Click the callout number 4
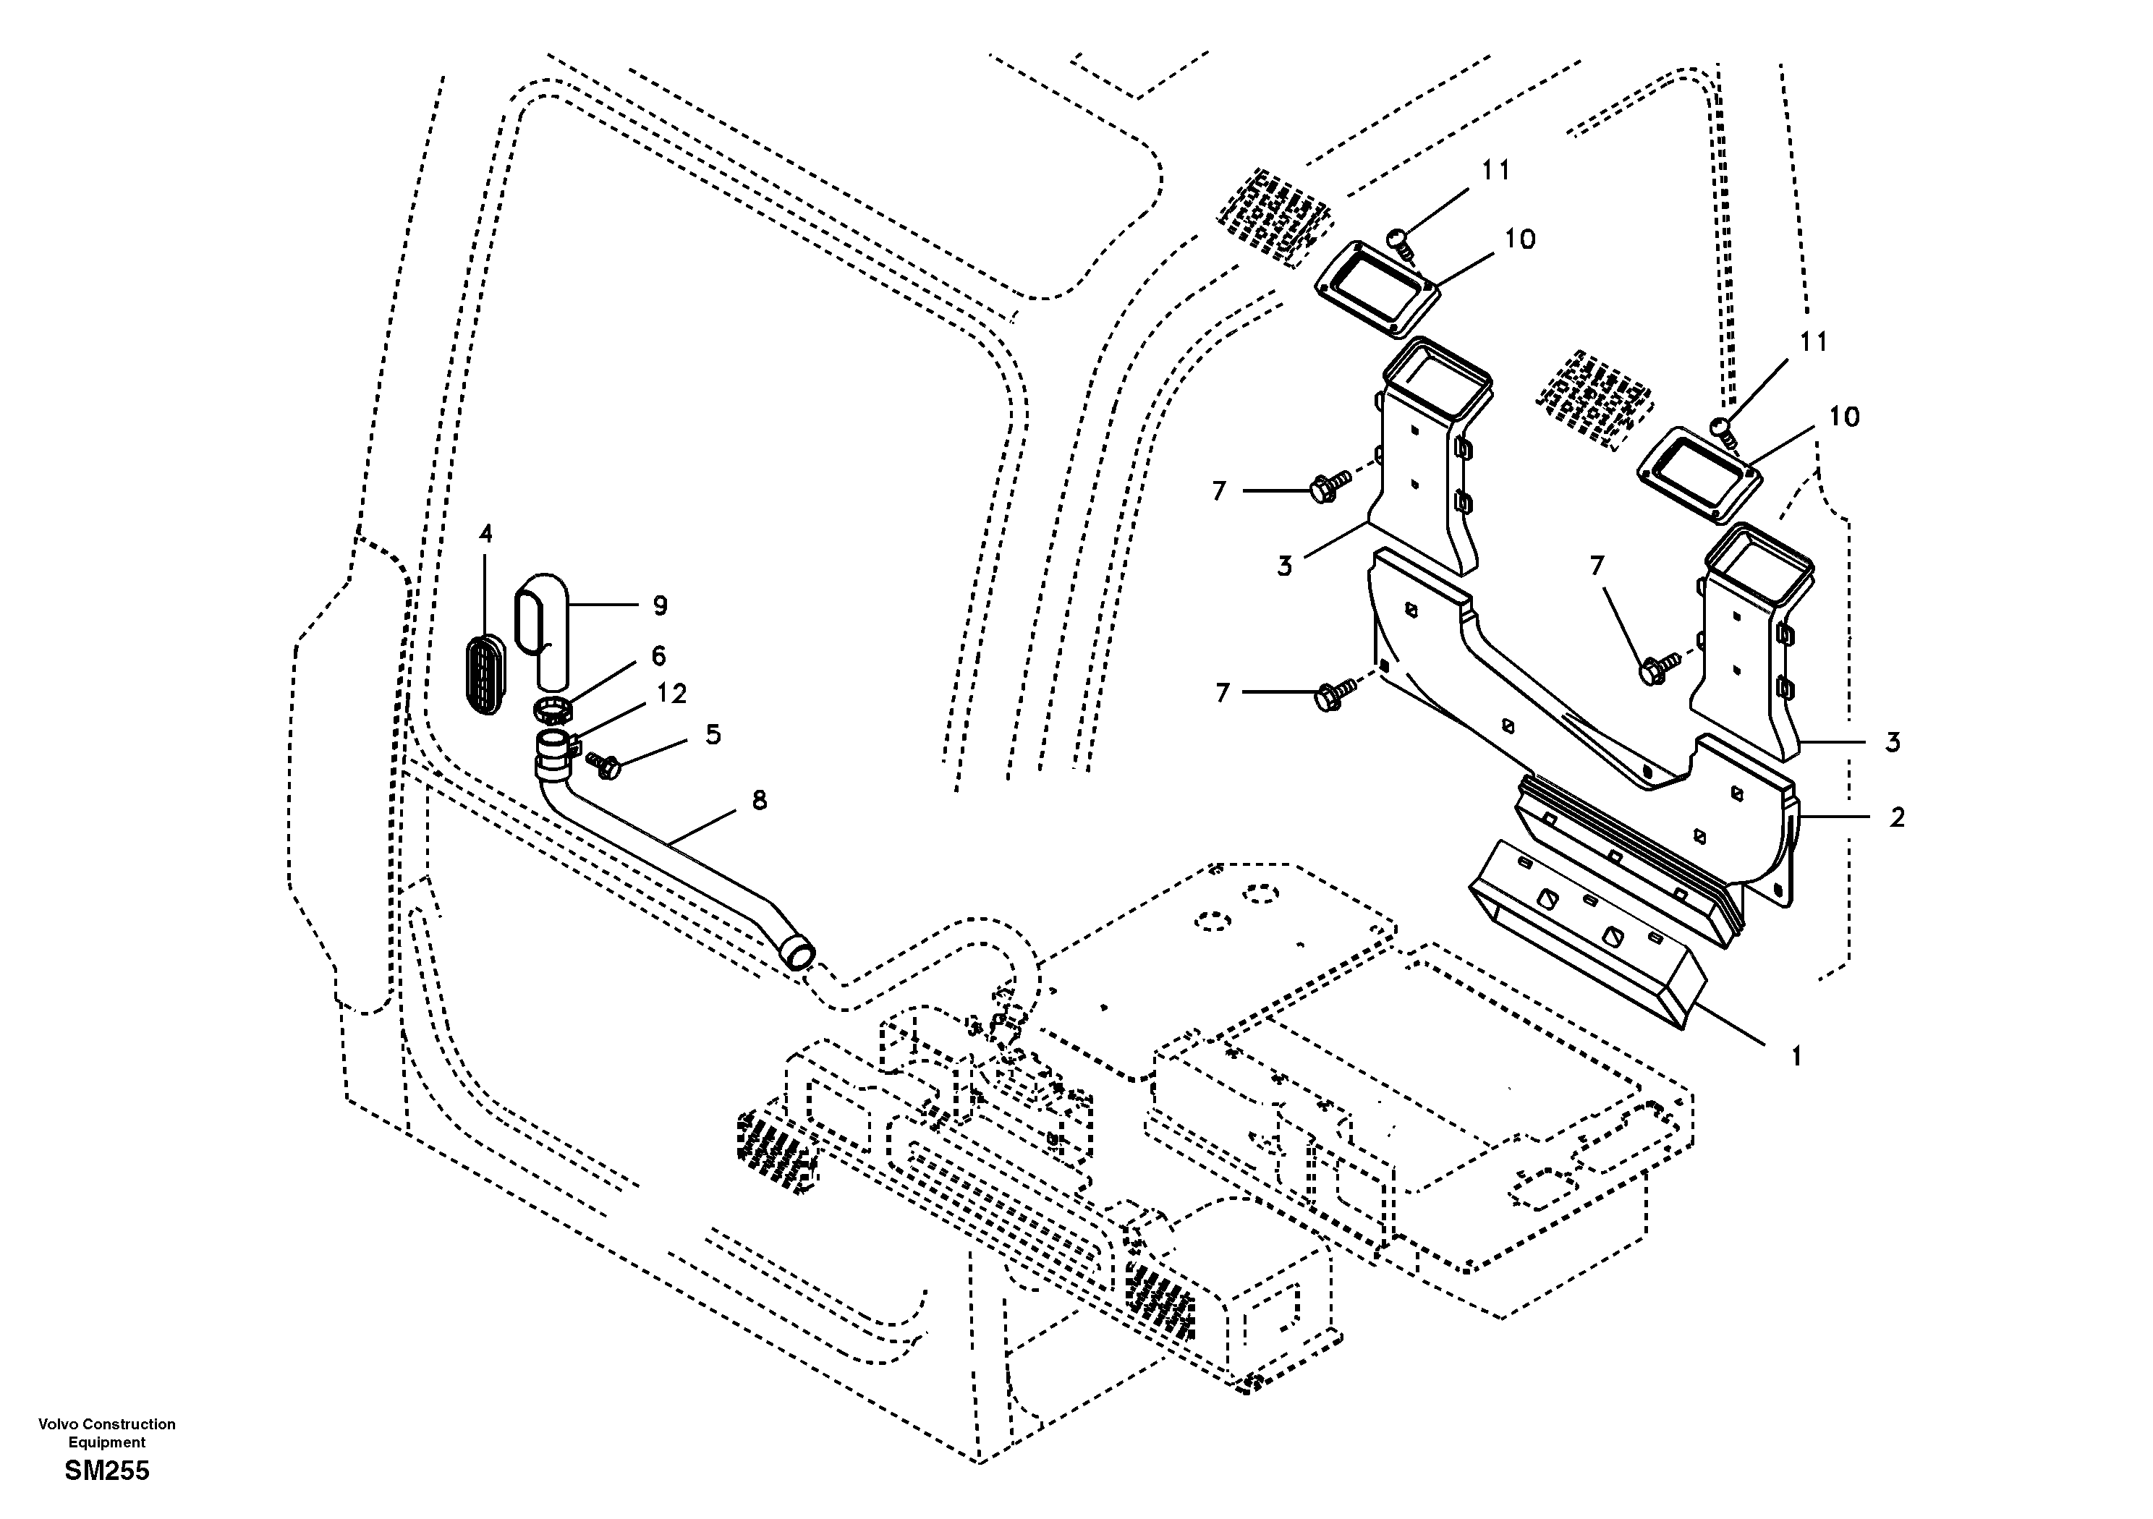(x=485, y=535)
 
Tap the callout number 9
(x=661, y=605)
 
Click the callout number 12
(x=671, y=694)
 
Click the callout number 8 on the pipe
(x=760, y=800)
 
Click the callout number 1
(x=1796, y=1057)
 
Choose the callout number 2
(x=1897, y=817)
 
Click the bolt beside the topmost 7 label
(x=1325, y=487)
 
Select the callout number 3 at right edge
(x=1893, y=743)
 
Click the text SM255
(x=107, y=1471)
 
